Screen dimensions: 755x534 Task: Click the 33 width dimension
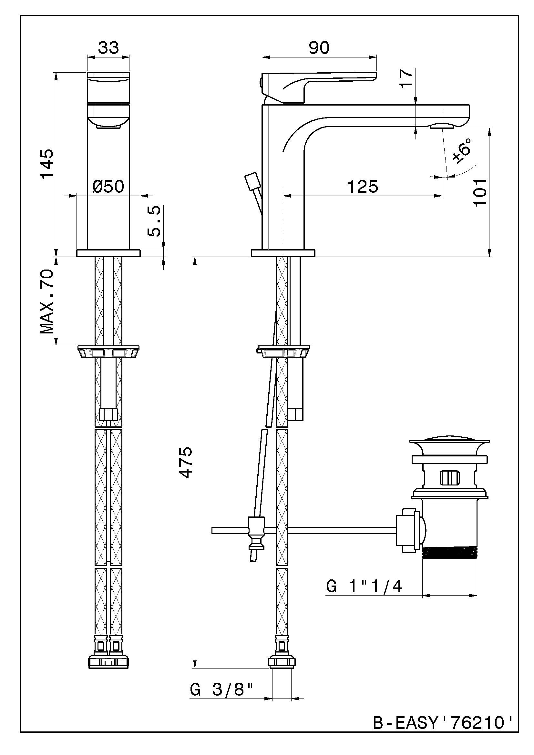pos(108,48)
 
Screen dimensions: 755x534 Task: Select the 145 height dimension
pos(47,163)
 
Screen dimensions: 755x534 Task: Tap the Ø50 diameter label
pos(108,187)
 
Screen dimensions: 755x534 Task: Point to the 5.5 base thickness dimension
pos(154,221)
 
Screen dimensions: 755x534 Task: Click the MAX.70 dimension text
pos(47,301)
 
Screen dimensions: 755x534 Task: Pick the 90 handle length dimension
pos(319,48)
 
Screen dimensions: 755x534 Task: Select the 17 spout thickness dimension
pos(407,78)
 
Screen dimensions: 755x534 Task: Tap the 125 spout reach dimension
pos(363,187)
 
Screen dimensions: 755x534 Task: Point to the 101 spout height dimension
pos(480,192)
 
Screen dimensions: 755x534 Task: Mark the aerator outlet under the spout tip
pos(443,126)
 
